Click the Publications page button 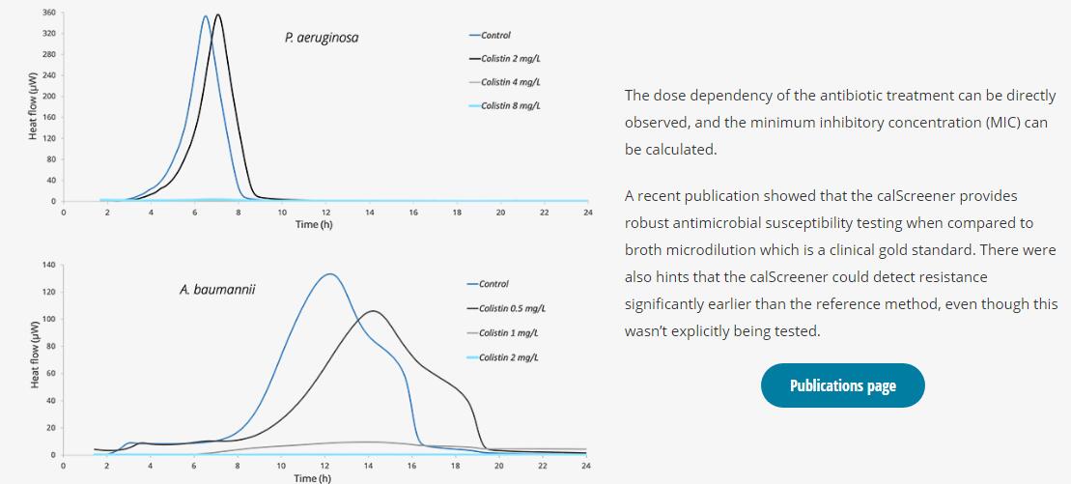coord(842,385)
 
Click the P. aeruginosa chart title coord(322,38)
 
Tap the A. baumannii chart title coord(217,289)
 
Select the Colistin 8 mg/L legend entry coord(510,105)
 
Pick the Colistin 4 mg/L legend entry coord(510,82)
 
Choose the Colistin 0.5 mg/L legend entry coord(512,308)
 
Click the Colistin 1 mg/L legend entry coord(508,333)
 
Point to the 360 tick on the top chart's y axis coord(48,13)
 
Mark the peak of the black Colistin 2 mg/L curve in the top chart coord(218,14)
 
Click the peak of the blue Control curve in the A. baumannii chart coord(330,274)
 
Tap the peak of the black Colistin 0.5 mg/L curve coord(373,311)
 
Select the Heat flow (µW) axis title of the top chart coord(32,106)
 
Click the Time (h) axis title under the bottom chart coord(313,477)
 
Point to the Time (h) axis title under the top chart coord(313,224)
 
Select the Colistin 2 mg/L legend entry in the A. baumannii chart coord(508,357)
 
